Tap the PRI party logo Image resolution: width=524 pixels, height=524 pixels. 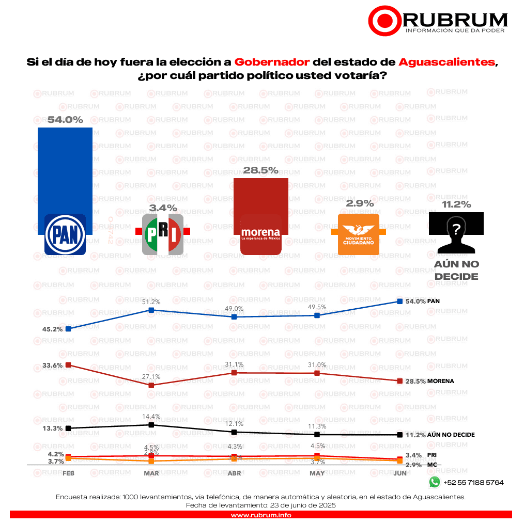pyautogui.click(x=163, y=234)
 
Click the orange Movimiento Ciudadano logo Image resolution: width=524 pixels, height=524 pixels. pyautogui.click(x=358, y=234)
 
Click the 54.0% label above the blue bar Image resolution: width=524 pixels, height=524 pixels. pyautogui.click(x=65, y=120)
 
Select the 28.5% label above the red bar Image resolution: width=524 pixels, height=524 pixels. pyautogui.click(x=261, y=170)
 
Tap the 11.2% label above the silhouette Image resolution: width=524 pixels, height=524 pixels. pyautogui.click(x=456, y=204)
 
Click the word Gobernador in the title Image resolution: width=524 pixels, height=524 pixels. pyautogui.click(x=272, y=62)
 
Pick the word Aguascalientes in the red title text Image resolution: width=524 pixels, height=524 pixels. pyautogui.click(x=446, y=62)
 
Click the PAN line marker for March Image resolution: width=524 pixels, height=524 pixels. pyautogui.click(x=151, y=310)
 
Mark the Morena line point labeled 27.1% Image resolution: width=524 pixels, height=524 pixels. pyautogui.click(x=151, y=385)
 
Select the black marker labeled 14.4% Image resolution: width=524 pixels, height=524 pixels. pyautogui.click(x=151, y=425)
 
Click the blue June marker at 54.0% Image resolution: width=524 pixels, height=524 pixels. pyautogui.click(x=399, y=301)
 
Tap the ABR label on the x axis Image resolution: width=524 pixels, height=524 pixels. pyautogui.click(x=234, y=473)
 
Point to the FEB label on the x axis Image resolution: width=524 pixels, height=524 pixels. pyautogui.click(x=68, y=473)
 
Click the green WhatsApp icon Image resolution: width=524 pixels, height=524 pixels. pyautogui.click(x=434, y=482)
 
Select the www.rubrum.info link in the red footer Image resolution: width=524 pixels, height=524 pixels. pyautogui.click(x=261, y=515)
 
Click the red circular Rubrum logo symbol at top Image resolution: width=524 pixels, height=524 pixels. pyautogui.click(x=384, y=20)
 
